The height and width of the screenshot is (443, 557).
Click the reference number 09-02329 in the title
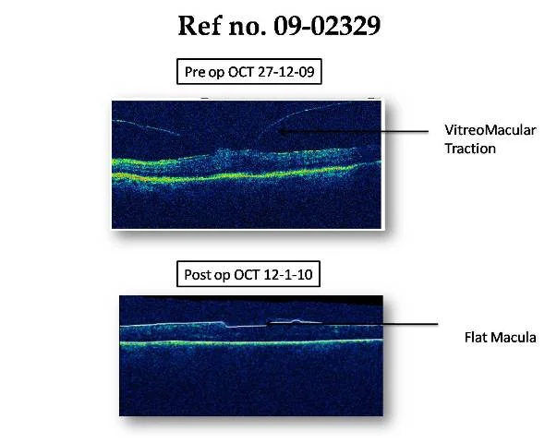[x=327, y=26]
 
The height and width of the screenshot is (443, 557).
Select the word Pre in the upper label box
[x=195, y=72]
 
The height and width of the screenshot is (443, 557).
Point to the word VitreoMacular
[x=490, y=130]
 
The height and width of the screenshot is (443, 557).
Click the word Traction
[x=470, y=149]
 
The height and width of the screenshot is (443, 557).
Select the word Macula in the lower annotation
[x=513, y=337]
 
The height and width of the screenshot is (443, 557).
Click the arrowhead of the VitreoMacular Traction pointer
[x=282, y=131]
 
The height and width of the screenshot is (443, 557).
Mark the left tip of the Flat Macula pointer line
[x=267, y=324]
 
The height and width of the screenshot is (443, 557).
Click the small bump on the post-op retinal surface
[x=296, y=321]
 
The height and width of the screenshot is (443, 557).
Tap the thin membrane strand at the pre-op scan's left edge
[x=146, y=127]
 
